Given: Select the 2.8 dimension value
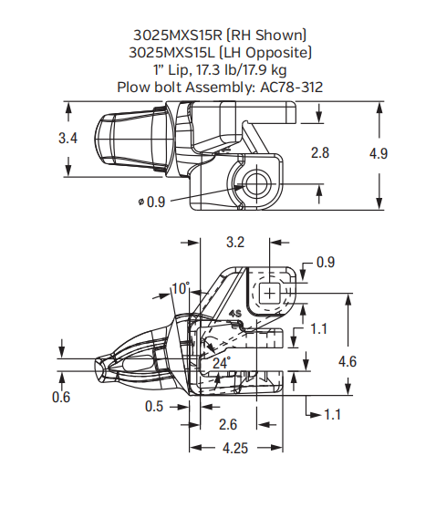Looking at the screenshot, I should [x=319, y=152].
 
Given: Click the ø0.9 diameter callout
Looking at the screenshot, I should [x=152, y=202].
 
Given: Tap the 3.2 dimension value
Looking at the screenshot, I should [x=234, y=243].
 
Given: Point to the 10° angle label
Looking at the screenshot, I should [x=180, y=289].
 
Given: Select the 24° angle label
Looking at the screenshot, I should [x=222, y=362].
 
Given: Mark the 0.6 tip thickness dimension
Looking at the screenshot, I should [x=61, y=396].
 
